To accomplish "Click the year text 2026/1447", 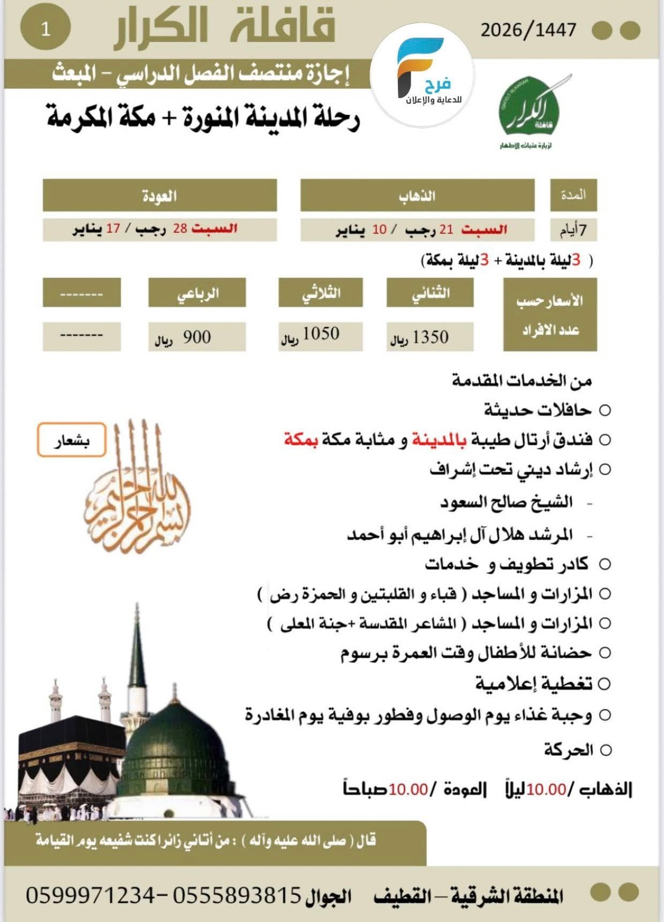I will point(528,30).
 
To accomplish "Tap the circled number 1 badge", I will point(46,30).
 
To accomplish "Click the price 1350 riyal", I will point(429,337).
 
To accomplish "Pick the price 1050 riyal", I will point(320,335).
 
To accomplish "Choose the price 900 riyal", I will point(197,337).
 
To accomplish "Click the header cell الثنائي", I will point(429,293).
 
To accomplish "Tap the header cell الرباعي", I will point(197,293).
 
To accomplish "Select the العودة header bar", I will point(160,195).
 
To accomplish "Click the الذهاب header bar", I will point(417,195).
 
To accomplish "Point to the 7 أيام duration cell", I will point(573,230).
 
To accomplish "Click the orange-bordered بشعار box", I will point(71,441).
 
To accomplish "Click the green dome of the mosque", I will point(174,750).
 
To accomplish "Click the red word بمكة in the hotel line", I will point(301,440).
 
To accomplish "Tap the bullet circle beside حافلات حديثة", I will point(605,411).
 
